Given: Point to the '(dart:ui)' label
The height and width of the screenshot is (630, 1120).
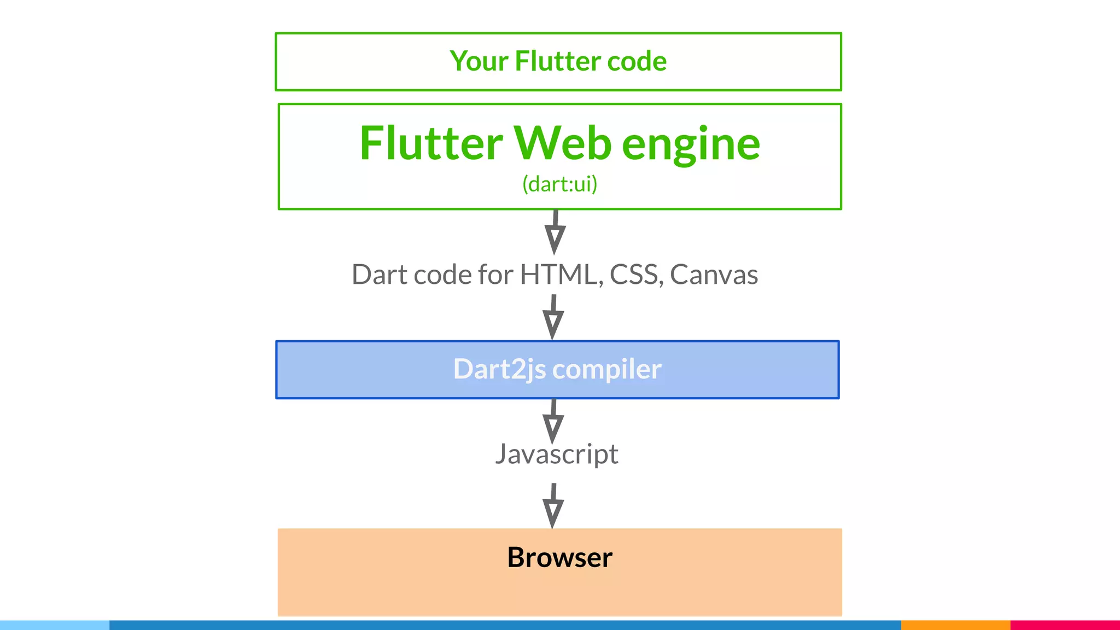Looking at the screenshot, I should pos(559,184).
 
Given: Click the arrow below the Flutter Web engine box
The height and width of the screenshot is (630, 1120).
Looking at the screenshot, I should pos(555,232).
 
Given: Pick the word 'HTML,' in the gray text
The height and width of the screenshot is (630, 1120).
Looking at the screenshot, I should pos(562,275).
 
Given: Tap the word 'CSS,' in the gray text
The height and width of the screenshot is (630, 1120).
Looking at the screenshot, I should pos(637,275).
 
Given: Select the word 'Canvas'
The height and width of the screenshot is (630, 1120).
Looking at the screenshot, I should pos(714,275).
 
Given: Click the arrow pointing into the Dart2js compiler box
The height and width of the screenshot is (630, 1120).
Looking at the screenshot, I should pos(553,317).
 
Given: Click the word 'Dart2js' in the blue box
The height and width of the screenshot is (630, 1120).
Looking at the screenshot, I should pos(499,370).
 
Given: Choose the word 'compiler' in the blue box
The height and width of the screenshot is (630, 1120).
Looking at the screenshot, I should pos(606,370).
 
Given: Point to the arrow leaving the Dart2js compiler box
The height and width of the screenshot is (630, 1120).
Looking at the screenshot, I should pos(553,421).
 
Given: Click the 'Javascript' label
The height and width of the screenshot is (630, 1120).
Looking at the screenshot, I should pos(557,454).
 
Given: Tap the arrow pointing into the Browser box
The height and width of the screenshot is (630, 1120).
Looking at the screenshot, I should pos(553,506).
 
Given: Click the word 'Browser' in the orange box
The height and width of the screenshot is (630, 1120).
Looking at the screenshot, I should pos(559,557).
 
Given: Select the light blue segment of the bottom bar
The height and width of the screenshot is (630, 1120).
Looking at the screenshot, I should pos(55,625).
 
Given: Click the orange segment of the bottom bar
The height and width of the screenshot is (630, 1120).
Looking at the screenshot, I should pos(955,625).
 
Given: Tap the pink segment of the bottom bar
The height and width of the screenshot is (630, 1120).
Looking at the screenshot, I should pos(1065,625).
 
